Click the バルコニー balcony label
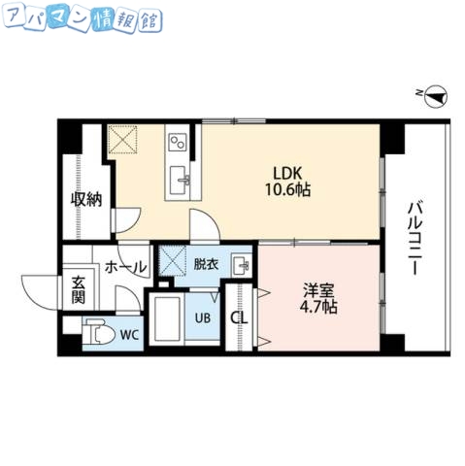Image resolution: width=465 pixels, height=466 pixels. coord(414,238)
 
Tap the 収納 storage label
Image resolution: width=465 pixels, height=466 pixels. coord(85,200)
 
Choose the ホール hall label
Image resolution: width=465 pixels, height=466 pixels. coord(125,266)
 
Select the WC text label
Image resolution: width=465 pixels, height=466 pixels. coord(128,335)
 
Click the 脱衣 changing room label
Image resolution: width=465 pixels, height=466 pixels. coord(206,263)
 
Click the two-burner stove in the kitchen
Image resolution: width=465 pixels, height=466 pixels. coord(178,144)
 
